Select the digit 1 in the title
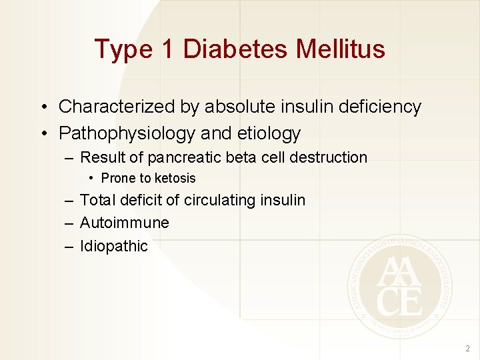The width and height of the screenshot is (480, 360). click(x=165, y=49)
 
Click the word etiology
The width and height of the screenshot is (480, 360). click(x=269, y=133)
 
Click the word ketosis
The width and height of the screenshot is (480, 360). click(x=175, y=178)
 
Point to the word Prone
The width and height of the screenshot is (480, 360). click(x=118, y=178)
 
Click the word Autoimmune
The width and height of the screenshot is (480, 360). click(x=124, y=223)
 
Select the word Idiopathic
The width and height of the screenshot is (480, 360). click(x=113, y=246)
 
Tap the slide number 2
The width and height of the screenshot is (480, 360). click(x=467, y=348)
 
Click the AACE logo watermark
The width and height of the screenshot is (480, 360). click(x=399, y=287)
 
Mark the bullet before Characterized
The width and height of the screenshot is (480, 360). click(x=42, y=107)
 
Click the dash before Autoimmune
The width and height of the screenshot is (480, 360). click(x=69, y=223)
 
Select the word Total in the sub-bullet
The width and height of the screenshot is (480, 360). click(x=97, y=199)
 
